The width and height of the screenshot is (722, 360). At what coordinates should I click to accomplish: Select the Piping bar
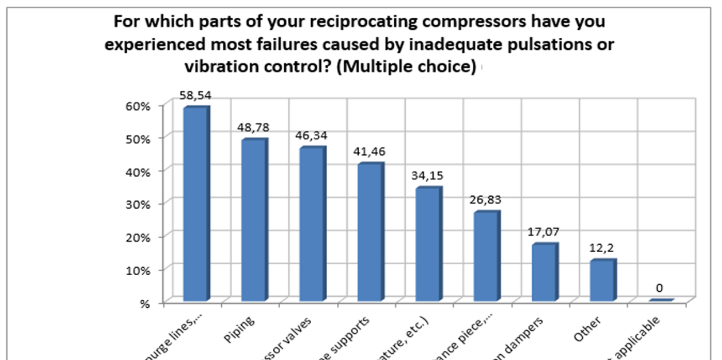[x=253, y=221]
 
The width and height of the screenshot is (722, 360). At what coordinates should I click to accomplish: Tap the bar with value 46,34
[x=312, y=225]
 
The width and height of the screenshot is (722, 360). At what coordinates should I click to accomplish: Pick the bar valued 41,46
[x=371, y=232]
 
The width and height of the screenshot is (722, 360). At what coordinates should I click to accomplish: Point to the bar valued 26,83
[x=486, y=256]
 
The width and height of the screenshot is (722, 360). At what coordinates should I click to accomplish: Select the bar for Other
[x=603, y=280]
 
